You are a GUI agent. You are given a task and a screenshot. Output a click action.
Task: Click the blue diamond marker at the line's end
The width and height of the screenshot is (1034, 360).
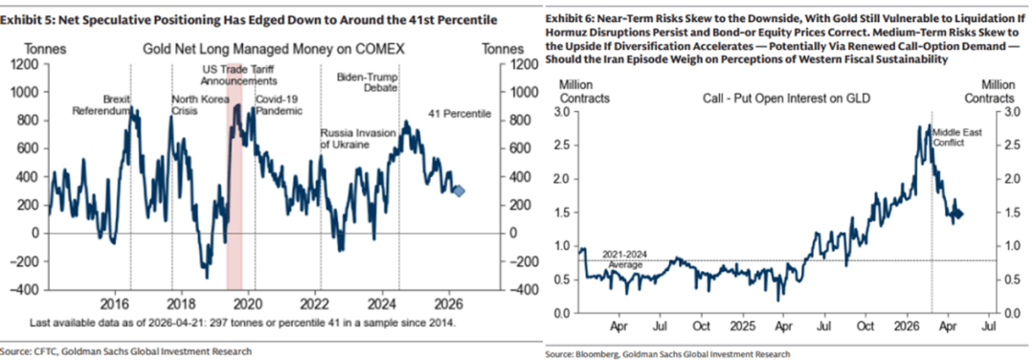point(460,191)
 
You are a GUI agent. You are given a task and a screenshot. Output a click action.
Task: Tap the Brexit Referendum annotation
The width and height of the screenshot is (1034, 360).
point(100,104)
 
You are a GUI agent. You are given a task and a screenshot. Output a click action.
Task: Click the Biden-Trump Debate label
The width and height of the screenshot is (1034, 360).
point(368,81)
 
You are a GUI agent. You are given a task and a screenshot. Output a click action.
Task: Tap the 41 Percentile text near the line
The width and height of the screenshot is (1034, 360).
point(461,113)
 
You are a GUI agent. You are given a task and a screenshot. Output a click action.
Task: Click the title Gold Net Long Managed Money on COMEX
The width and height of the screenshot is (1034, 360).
point(274,50)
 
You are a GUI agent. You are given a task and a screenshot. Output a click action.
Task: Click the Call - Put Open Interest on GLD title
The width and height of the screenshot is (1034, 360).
point(782,99)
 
